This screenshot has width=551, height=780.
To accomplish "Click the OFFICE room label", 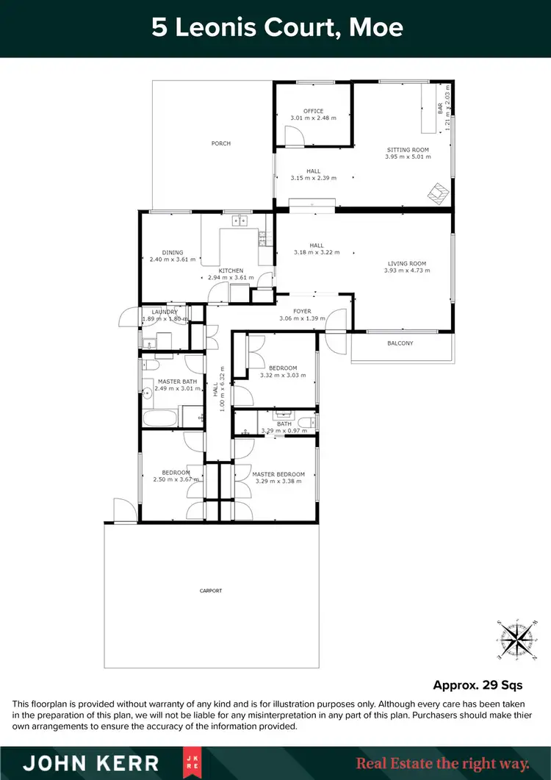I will pyautogui.click(x=314, y=111).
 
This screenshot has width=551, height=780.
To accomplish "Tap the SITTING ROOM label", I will pyautogui.click(x=408, y=150).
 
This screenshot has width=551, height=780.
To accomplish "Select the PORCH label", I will pyautogui.click(x=221, y=143).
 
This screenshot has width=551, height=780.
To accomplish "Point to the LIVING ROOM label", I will pyautogui.click(x=407, y=264).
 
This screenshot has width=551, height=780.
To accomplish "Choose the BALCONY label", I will pyautogui.click(x=400, y=343).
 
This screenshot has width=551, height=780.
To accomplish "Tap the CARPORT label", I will pyautogui.click(x=211, y=590).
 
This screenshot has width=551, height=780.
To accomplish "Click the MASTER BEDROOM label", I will pyautogui.click(x=278, y=474).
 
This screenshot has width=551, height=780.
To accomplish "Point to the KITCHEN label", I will pyautogui.click(x=231, y=271).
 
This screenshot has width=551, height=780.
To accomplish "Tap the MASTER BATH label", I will pyautogui.click(x=177, y=381).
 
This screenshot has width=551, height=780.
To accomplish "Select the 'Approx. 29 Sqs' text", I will pyautogui.click(x=478, y=685).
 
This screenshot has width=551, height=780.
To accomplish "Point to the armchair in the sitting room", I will pyautogui.click(x=439, y=193).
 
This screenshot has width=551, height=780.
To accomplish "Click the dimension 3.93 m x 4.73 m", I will pyautogui.click(x=407, y=271).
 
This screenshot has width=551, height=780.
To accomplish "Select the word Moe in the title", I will pyautogui.click(x=376, y=28).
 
